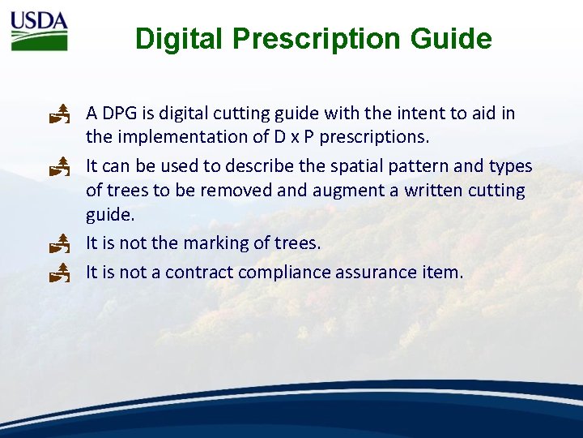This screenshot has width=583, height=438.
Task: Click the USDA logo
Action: click(39, 31)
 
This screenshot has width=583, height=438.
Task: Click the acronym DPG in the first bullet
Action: click(121, 114)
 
